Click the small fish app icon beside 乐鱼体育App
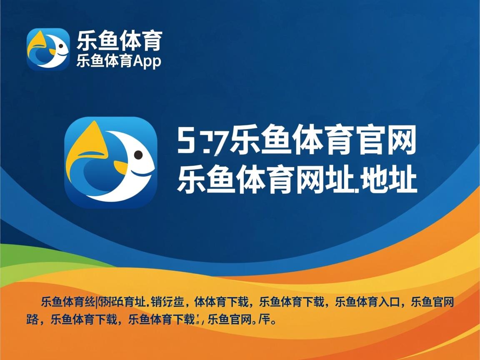(48, 49)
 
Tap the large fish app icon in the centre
(111, 162)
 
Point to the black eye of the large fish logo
(138, 155)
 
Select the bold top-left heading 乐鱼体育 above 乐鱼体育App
(119, 40)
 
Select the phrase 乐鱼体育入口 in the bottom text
(369, 301)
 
